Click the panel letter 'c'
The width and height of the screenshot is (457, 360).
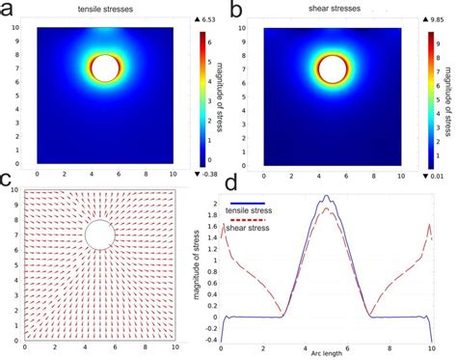9,180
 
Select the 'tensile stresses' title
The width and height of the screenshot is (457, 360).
106,11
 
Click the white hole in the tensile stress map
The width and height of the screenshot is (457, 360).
104,68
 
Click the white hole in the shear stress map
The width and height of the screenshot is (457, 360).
332,68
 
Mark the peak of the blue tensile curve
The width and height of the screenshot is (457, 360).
327,196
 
